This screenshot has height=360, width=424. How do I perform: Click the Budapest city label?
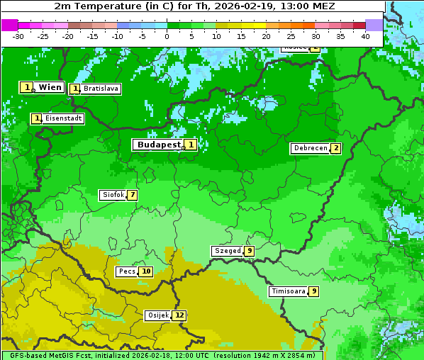[x=158, y=145]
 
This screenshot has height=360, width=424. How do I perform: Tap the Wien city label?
[x=50, y=87]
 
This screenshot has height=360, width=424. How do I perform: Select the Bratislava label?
[x=100, y=89]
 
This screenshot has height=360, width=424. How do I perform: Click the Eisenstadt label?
[x=63, y=119]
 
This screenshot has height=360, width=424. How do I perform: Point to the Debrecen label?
[x=310, y=149]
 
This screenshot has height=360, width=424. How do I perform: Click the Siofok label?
[x=113, y=195]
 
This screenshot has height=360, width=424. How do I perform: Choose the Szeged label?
[x=228, y=251]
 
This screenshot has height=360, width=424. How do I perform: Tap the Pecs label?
[x=127, y=271]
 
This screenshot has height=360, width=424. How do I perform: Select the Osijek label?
[x=157, y=315]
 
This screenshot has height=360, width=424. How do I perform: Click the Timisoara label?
[x=289, y=291]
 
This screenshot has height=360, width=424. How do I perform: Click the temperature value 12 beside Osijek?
[x=180, y=315]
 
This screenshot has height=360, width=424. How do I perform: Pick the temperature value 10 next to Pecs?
[x=145, y=271]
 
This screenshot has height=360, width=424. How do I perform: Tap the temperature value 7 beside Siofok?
[x=132, y=195]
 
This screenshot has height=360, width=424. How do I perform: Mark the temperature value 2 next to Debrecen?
[x=336, y=149]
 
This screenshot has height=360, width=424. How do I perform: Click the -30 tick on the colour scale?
[x=18, y=36]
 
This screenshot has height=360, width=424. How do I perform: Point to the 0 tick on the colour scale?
[x=167, y=36]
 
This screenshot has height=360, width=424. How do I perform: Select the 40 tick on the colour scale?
[x=365, y=36]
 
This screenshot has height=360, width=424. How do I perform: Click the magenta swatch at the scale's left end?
[x=9, y=25]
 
